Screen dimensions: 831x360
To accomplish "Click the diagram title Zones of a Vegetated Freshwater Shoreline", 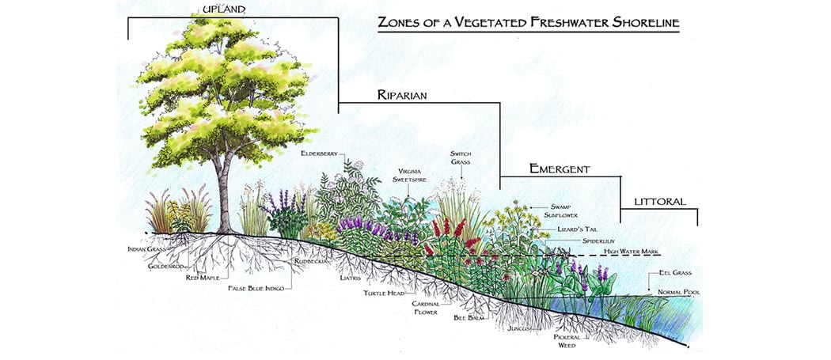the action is point(529,22).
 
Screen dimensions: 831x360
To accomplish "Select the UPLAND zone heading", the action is point(224,9).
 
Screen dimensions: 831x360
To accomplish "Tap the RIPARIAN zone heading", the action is point(402,95).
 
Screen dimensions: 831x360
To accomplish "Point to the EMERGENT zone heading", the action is point(560,169).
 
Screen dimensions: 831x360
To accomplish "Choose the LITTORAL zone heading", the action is point(660,202).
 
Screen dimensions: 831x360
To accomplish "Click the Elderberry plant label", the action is point(319,153).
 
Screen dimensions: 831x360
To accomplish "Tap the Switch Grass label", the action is point(461,157).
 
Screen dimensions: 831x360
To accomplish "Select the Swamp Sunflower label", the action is point(560,211).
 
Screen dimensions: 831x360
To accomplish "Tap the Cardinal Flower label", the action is point(426,308).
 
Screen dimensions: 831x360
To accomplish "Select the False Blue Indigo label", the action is point(256,288).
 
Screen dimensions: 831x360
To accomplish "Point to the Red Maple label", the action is point(203,277).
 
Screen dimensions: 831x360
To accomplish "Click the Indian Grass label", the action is point(146,248).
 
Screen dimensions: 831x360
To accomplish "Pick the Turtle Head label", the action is point(384,293).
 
